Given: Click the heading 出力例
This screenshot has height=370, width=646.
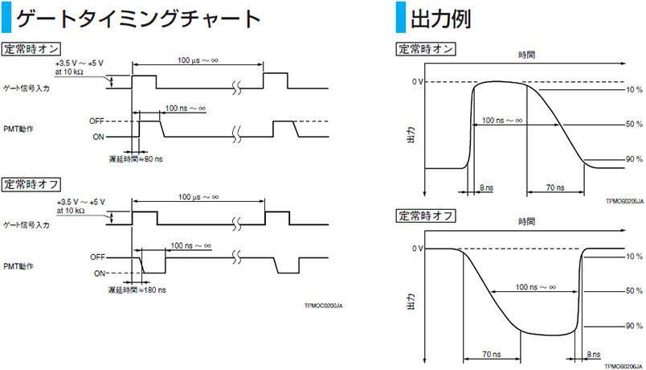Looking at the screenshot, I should (440, 18).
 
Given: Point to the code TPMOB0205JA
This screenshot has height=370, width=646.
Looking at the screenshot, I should (625, 204).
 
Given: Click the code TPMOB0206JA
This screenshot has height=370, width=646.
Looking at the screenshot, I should (625, 366).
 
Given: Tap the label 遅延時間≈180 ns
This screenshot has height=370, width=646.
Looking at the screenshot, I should (138, 290).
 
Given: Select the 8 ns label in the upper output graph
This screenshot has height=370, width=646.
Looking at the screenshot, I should (485, 187).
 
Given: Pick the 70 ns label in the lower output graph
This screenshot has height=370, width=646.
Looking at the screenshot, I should (493, 351).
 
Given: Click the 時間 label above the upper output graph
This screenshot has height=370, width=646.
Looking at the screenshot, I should (526, 55).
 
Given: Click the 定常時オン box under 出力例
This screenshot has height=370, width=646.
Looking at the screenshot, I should (425, 49).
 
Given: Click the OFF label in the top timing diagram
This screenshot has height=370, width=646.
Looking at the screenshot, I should (98, 121).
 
